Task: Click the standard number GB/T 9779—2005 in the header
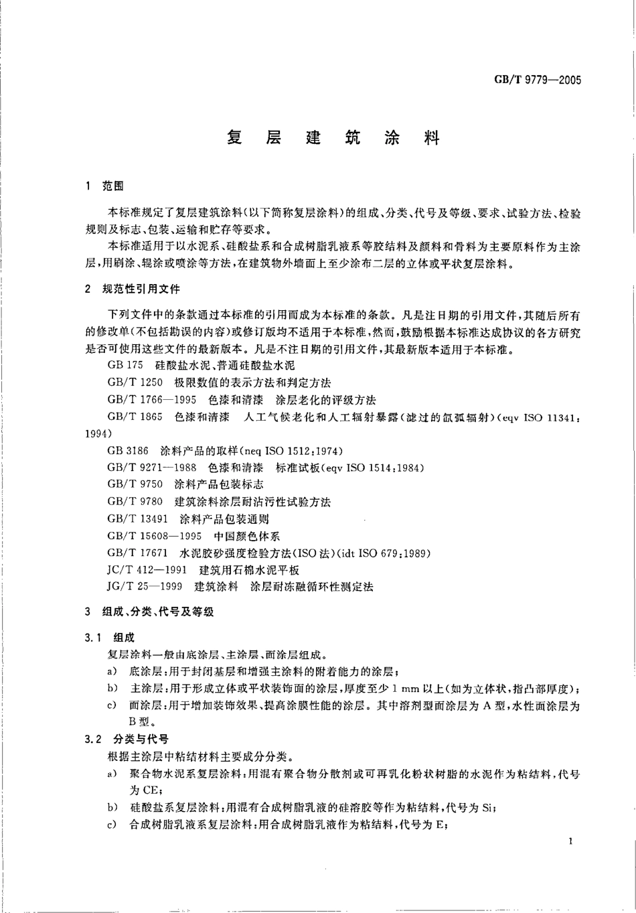pyautogui.click(x=537, y=80)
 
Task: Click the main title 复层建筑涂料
pyautogui.click(x=332, y=139)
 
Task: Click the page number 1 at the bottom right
pyautogui.click(x=568, y=841)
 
